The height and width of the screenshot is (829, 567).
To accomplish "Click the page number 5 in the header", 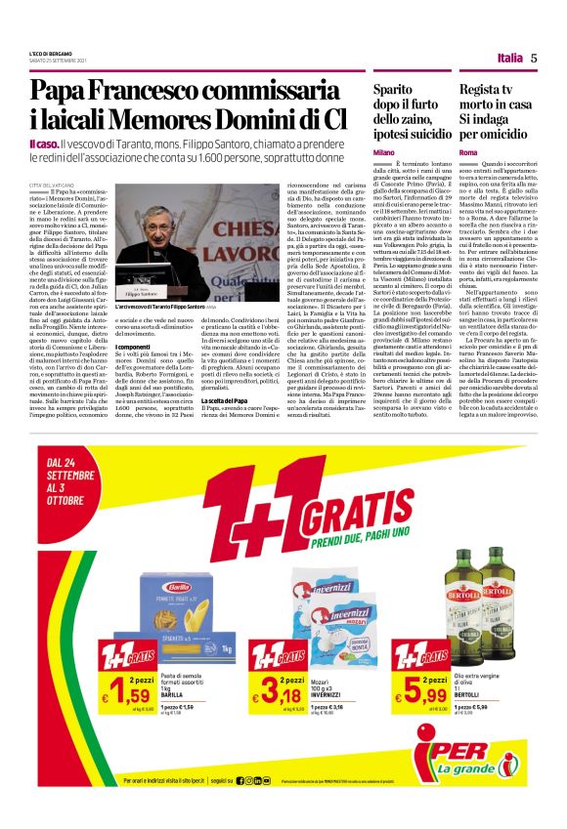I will tap(534, 58).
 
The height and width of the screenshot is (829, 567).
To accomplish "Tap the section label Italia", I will tap(509, 58).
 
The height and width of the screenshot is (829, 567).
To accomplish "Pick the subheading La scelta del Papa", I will tap(226, 429).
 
